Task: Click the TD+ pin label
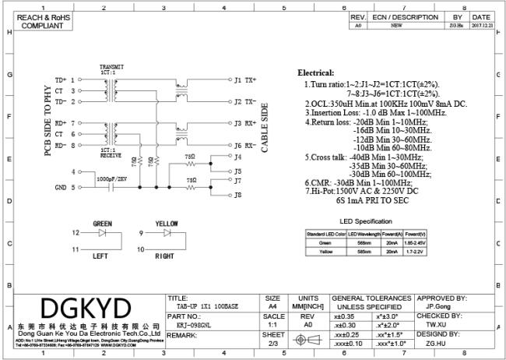coord(61,79)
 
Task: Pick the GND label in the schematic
coord(60,188)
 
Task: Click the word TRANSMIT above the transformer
coord(112,67)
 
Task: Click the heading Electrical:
coord(315,72)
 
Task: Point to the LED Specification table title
coord(366,221)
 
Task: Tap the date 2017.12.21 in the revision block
coord(480,25)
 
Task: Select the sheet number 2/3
coord(273,344)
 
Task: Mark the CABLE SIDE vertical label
coord(265,126)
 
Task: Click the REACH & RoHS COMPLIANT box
coord(32,21)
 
